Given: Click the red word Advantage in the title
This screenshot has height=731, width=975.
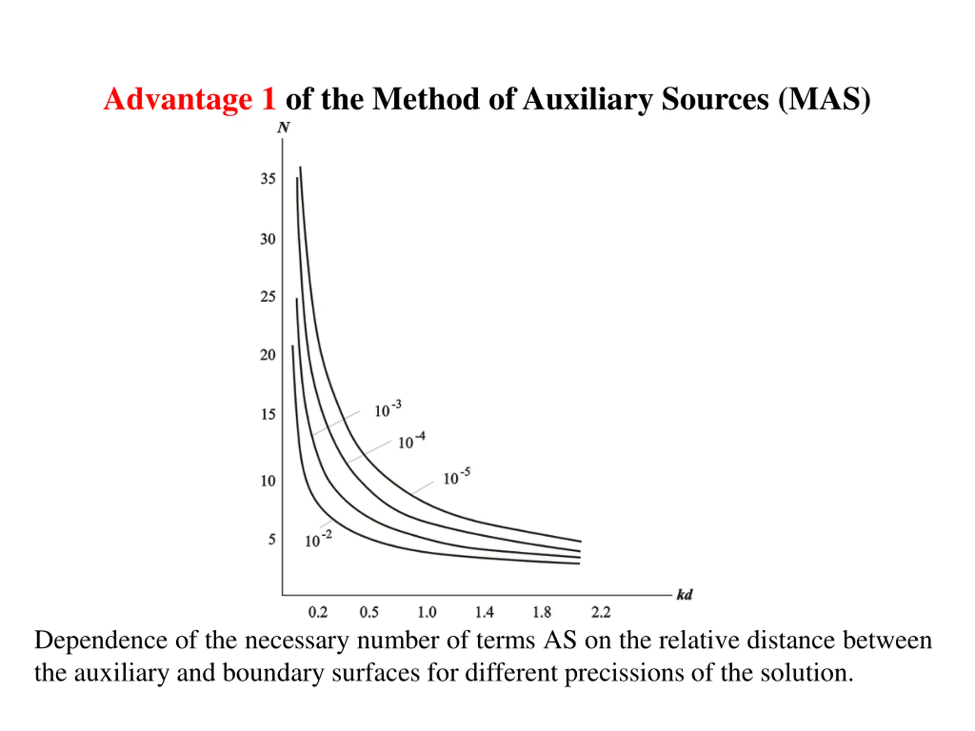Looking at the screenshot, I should pos(177,99).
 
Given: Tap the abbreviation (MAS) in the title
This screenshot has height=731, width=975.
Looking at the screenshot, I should pos(824,99).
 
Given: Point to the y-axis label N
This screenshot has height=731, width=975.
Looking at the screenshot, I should pos(283,128).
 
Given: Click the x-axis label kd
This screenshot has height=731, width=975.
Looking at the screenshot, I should pos(684,595).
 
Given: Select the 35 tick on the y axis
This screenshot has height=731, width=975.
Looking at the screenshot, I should pos(267,179).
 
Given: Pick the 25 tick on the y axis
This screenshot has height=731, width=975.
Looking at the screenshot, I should pos(267,297).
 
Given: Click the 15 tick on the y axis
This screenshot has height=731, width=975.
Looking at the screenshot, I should pos(267,414).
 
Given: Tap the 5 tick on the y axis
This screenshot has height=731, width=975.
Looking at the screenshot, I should pos(272,539).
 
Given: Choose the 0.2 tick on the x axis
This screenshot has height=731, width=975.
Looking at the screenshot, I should pos(318,612).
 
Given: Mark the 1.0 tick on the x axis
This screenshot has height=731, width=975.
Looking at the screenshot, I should pos(427,612).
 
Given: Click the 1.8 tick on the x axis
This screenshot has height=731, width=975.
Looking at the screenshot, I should pos(542,612).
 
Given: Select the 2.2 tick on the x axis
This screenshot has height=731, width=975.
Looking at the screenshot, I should pos(601,612).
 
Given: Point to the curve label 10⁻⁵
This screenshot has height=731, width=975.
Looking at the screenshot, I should pos(457,477).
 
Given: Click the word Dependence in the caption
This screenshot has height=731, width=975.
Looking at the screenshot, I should pos(101,640).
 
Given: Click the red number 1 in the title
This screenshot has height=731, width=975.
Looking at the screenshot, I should pos(268,99).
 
